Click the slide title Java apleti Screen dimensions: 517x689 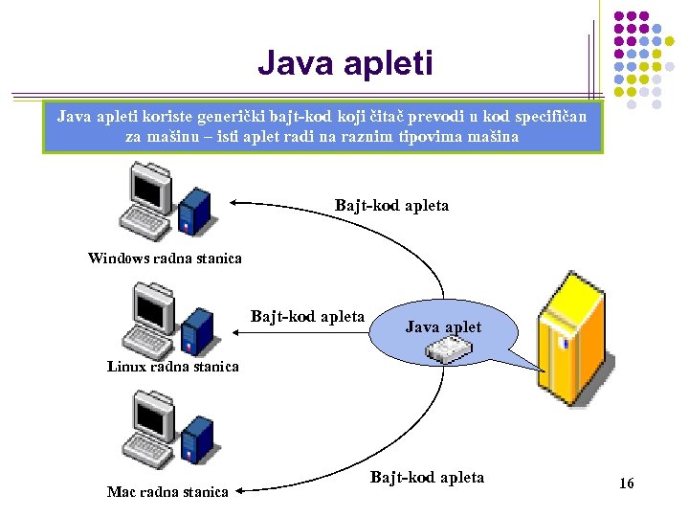344,64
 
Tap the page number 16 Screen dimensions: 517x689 627,483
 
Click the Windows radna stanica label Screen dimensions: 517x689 165,258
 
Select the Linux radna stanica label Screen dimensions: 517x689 173,366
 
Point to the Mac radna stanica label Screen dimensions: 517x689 167,491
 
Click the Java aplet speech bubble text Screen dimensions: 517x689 443,327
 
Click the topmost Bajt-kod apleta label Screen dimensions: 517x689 391,205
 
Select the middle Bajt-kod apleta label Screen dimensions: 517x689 307,316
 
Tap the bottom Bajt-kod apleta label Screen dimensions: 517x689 427,477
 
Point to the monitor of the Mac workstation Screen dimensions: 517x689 150,415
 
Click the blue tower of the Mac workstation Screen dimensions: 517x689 197,441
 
